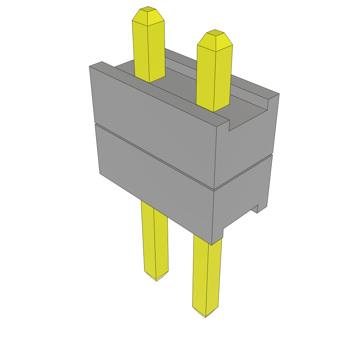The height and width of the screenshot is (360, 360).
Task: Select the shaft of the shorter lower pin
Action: [155, 239]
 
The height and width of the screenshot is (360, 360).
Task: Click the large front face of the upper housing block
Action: [155, 120]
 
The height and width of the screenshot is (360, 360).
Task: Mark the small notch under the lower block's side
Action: [256, 209]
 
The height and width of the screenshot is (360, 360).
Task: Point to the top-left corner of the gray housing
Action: [90, 66]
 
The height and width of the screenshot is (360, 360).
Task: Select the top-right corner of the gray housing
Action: [278, 94]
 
